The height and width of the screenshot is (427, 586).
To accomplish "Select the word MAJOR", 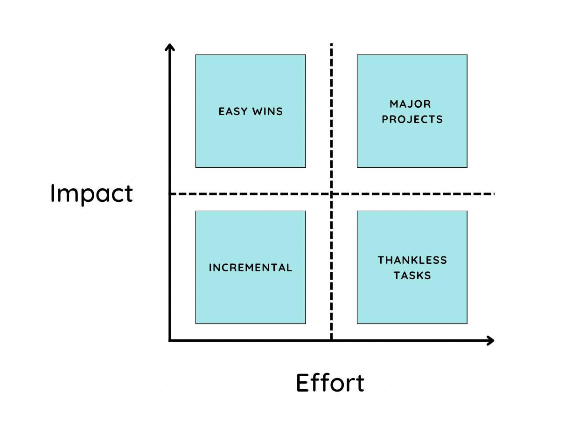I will (x=411, y=103).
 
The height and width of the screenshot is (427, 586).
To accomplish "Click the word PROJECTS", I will (x=412, y=119).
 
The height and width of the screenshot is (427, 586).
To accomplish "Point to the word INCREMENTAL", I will (x=251, y=268).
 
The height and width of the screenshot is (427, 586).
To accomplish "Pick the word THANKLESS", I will (x=412, y=260).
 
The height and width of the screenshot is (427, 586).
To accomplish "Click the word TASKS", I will (x=412, y=275).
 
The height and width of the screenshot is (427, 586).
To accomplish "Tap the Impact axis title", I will (x=91, y=193).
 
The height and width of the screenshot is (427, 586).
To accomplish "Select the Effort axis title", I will (x=330, y=383).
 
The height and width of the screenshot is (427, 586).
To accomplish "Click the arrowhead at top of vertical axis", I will (x=170, y=46).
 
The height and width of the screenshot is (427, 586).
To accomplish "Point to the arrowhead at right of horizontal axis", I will (x=491, y=341).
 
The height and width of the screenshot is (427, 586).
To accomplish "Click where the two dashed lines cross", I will (x=331, y=193).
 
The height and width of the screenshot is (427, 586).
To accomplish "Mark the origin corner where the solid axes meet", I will (x=170, y=341).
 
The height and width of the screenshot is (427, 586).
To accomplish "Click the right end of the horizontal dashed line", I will (x=493, y=193).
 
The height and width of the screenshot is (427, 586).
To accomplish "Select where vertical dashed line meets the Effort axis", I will (x=331, y=341).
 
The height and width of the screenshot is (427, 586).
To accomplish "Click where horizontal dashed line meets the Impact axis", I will (x=170, y=193).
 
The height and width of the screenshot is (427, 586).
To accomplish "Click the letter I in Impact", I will (x=53, y=193).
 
